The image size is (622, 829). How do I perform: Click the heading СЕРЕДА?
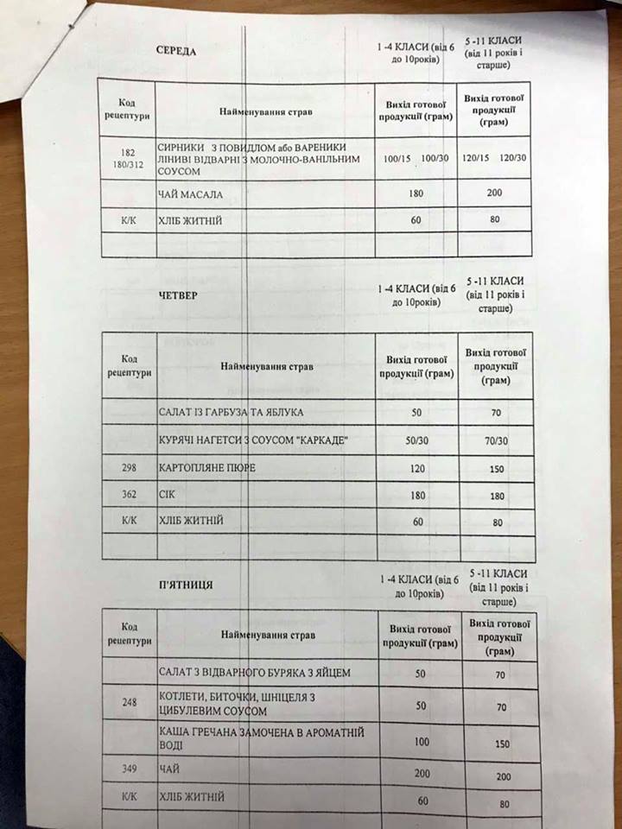[175, 51]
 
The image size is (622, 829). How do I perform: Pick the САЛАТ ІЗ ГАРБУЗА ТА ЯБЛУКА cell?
[231, 412]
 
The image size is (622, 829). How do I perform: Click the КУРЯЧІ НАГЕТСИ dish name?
[251, 441]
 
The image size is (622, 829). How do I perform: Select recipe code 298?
[130, 468]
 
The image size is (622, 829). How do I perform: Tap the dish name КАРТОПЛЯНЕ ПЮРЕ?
[208, 468]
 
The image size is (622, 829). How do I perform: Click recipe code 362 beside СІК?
[130, 495]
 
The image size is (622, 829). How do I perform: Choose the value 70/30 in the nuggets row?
[496, 440]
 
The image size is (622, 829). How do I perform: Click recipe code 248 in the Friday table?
[130, 703]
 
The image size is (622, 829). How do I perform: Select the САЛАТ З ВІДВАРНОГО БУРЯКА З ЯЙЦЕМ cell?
[256, 671]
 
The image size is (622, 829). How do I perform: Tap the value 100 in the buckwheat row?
[421, 741]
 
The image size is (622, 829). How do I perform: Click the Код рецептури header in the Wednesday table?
[129, 110]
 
